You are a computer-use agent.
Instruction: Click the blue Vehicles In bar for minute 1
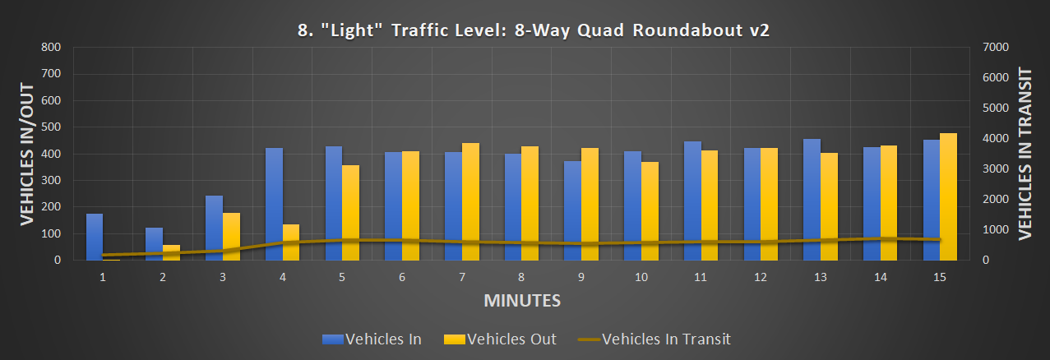coord(95,237)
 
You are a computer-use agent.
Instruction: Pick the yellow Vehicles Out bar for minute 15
coord(949,196)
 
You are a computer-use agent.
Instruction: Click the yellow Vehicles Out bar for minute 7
coord(470,201)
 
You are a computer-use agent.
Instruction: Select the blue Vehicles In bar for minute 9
coord(572,210)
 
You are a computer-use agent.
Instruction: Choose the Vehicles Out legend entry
coord(500,339)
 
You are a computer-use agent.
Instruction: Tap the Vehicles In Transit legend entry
coord(655,339)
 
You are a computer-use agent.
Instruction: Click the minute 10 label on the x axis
coord(641,278)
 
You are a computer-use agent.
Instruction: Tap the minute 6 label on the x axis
coord(402,278)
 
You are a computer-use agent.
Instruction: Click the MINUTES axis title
coord(522,300)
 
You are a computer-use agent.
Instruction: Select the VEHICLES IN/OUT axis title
coord(27,154)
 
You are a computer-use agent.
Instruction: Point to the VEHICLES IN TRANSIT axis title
coord(1025,154)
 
